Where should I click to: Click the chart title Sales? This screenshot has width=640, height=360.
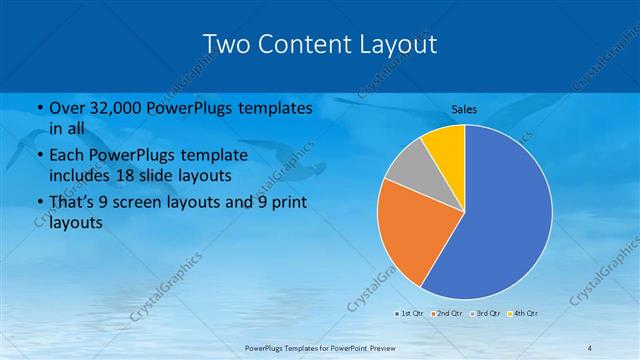point(464,108)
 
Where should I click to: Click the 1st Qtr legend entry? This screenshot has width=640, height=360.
point(411,313)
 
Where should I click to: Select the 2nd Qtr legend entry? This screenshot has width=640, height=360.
point(446,313)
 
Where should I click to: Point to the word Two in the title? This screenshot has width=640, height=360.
point(225,43)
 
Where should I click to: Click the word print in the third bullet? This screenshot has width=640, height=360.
point(284,201)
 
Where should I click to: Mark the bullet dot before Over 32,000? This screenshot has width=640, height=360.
point(38,108)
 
